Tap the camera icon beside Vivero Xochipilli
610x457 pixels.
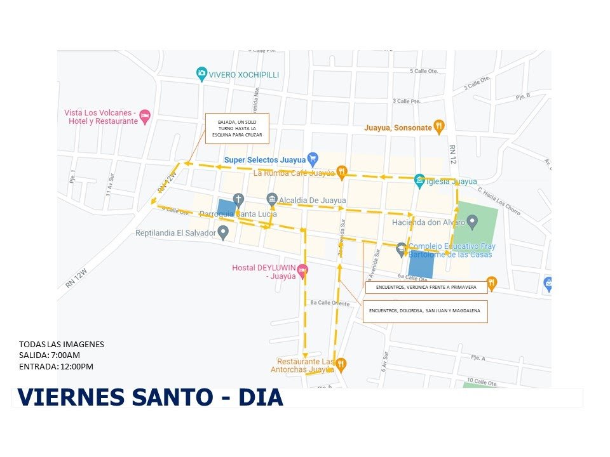[201, 74]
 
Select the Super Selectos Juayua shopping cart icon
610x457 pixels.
[312, 159]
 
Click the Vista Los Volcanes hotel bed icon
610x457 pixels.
[145, 116]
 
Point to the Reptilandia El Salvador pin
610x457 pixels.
[223, 233]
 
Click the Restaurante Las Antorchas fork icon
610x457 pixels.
[341, 364]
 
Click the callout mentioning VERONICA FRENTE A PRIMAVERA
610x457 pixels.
[426, 287]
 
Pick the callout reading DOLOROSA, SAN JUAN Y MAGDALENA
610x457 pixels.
[425, 311]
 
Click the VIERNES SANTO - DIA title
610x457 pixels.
[150, 397]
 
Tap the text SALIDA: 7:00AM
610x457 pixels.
[50, 355]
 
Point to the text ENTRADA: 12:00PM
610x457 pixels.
[56, 366]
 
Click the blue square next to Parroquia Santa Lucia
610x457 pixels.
[226, 208]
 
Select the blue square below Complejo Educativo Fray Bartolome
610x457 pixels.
[421, 264]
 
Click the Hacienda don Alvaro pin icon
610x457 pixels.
[471, 222]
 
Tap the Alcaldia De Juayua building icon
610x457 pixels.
[272, 199]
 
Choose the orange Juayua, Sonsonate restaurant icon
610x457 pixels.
[438, 126]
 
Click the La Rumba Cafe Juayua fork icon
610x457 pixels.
[342, 171]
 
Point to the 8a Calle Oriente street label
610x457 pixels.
[329, 303]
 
